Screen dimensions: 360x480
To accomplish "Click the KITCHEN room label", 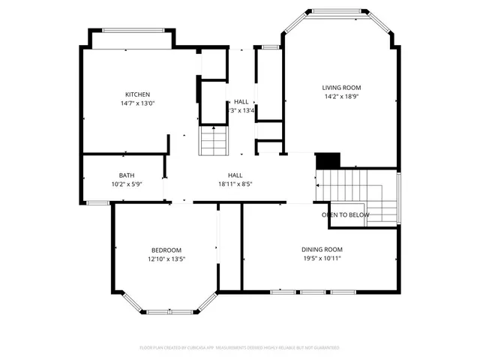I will click(137, 94).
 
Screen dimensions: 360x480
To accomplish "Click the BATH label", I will click(127, 175).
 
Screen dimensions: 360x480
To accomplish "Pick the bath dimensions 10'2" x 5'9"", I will click(127, 184).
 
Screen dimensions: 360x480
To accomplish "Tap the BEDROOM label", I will click(166, 250).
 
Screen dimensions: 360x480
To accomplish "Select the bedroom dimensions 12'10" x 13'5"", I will click(166, 259).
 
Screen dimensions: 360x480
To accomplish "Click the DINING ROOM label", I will click(322, 249).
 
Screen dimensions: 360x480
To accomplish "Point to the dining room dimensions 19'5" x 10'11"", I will click(322, 258).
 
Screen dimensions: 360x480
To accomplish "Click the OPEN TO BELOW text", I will click(346, 214).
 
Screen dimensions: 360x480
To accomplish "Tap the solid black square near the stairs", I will click(328, 160).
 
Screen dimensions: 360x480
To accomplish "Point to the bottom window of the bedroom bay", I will click(166, 308).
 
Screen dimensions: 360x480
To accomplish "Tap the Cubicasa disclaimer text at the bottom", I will click(240, 348).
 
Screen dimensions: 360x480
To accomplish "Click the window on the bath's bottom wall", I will click(97, 202).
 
